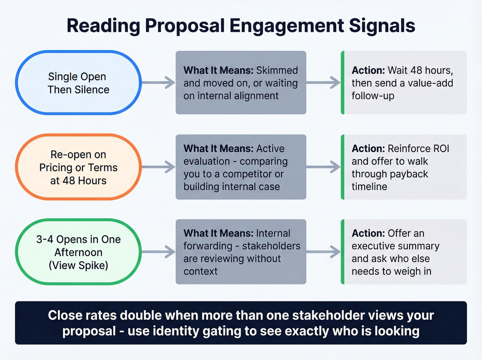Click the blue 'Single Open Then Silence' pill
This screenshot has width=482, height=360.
(78, 83)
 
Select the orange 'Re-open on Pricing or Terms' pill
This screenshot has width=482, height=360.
(78, 167)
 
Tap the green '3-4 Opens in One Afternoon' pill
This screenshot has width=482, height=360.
(78, 252)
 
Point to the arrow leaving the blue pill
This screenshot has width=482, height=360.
(159, 83)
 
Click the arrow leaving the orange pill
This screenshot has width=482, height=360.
(159, 167)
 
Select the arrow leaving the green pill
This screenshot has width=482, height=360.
(159, 252)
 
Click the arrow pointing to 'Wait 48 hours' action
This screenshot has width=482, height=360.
(324, 83)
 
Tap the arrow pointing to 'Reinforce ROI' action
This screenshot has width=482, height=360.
(324, 167)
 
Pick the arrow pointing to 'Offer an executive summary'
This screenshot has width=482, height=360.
(324, 252)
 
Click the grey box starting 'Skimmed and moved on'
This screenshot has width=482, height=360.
(241, 83)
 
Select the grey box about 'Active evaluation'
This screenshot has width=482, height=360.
(241, 167)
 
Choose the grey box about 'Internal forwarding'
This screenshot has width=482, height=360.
(241, 252)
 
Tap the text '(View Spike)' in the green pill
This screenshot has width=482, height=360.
(78, 265)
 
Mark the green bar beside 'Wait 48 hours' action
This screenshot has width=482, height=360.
(343, 83)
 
